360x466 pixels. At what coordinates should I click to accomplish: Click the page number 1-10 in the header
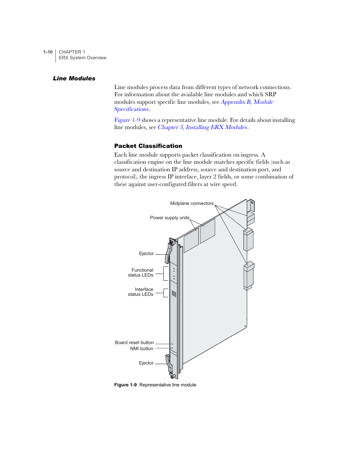48,52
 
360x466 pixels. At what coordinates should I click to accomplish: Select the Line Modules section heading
74,78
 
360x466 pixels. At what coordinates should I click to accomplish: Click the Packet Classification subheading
148,146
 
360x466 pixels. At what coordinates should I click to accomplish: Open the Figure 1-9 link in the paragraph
127,120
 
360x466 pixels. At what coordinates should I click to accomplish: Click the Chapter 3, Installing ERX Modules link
202,127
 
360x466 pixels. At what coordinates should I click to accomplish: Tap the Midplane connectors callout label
192,203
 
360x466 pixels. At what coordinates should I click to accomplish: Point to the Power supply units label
169,218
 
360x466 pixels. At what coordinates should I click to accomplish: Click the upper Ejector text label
146,254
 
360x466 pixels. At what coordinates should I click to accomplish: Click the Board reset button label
134,343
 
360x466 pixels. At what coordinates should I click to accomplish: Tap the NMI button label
142,349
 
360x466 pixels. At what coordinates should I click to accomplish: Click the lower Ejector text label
146,363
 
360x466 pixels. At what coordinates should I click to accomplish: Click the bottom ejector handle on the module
169,363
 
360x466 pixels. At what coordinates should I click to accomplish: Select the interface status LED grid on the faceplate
174,294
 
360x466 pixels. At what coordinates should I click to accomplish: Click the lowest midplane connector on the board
248,275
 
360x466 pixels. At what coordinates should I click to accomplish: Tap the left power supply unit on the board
191,240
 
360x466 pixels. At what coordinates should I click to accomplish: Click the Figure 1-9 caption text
155,385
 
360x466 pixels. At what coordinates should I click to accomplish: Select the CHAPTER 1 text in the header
72,52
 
